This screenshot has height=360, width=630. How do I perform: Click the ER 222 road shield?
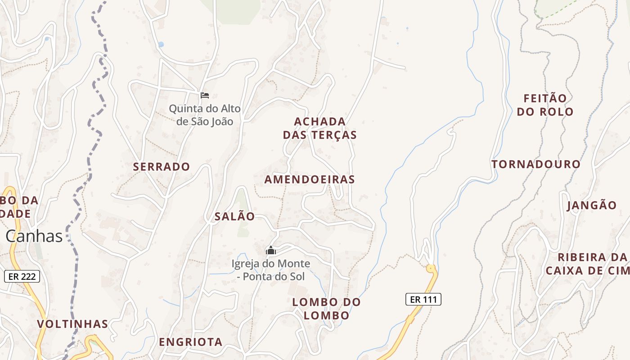[22, 276]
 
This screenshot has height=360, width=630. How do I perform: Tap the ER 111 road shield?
[423, 299]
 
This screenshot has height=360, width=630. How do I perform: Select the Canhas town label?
[34, 236]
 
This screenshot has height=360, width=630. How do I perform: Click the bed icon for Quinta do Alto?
[205, 95]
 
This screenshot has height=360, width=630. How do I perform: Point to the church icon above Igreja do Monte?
[271, 250]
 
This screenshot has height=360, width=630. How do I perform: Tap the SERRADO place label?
[162, 166]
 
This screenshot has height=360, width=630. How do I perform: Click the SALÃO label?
[234, 216]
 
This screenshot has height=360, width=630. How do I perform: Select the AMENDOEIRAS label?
[310, 180]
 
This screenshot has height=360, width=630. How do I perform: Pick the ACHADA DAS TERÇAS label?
[320, 128]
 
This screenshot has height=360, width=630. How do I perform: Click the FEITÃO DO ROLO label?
[545, 105]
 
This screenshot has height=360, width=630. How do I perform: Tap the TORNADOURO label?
[536, 164]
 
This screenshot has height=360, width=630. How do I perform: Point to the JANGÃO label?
[592, 206]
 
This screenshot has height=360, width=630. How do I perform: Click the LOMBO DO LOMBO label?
[327, 309]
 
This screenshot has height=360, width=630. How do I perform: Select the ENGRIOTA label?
[190, 342]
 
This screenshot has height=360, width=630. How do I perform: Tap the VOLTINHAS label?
[72, 324]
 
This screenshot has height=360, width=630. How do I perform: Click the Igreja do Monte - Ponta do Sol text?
[271, 270]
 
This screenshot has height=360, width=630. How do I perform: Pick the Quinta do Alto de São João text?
[205, 115]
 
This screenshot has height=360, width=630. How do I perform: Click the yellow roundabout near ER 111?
[431, 269]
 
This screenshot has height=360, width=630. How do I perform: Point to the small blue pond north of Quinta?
[161, 45]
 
